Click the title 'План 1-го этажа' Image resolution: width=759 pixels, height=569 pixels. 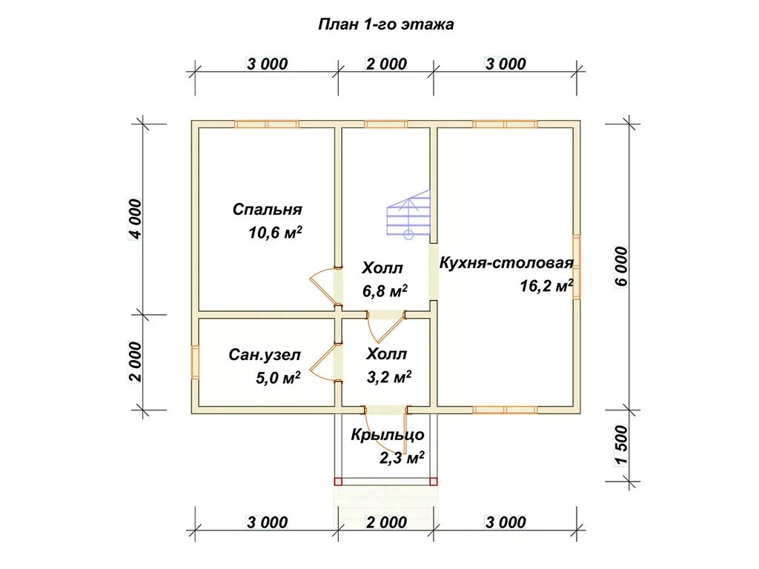(385, 24)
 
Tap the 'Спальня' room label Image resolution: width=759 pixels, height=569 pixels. (268, 210)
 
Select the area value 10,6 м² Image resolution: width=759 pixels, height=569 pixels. (275, 233)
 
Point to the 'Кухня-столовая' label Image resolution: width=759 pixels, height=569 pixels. (506, 263)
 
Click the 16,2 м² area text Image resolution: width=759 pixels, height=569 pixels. (546, 287)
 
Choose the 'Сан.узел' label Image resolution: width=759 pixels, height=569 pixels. (265, 355)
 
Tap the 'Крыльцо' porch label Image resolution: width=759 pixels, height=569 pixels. (387, 435)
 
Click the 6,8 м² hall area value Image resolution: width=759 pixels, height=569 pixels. (385, 291)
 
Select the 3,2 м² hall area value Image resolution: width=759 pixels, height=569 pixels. (389, 377)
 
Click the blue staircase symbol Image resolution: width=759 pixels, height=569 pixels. (408, 214)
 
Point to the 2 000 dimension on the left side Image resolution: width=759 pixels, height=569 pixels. (134, 362)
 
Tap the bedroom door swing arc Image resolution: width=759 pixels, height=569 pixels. (321, 285)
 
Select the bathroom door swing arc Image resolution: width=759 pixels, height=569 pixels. (320, 363)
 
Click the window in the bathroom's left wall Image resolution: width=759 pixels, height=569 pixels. (195, 362)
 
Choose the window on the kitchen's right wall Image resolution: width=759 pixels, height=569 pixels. (576, 266)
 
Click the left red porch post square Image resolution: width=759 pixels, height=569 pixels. (338, 482)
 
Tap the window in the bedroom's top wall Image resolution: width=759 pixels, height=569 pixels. (267, 124)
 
